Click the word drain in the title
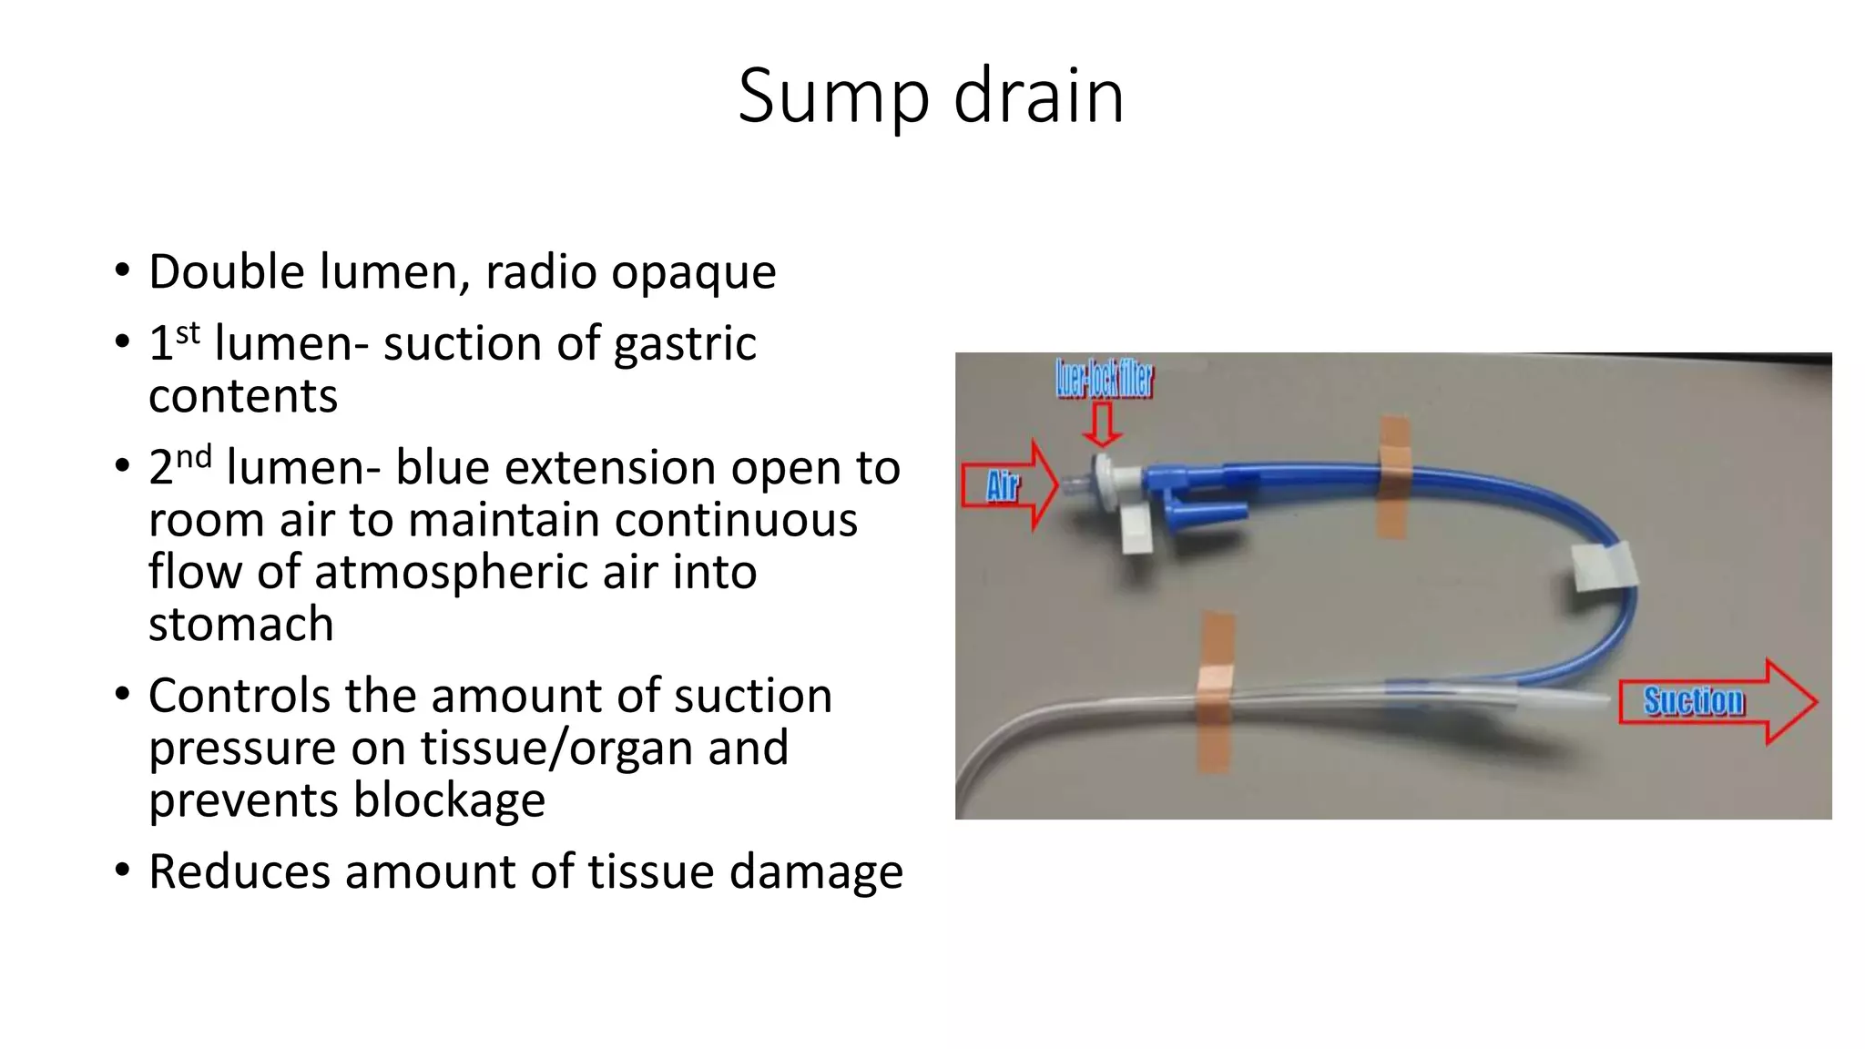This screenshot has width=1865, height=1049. [1038, 97]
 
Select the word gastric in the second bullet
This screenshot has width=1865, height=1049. [685, 344]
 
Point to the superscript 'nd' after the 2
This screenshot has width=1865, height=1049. [193, 456]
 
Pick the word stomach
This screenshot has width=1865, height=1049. [240, 625]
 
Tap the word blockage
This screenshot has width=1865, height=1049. [449, 800]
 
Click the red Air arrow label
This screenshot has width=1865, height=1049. [1004, 486]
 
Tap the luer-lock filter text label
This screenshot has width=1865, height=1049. [1104, 379]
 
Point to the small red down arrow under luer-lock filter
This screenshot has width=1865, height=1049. [1103, 425]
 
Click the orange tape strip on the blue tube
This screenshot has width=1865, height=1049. [1393, 477]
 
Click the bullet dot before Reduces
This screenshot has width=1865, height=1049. [123, 870]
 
